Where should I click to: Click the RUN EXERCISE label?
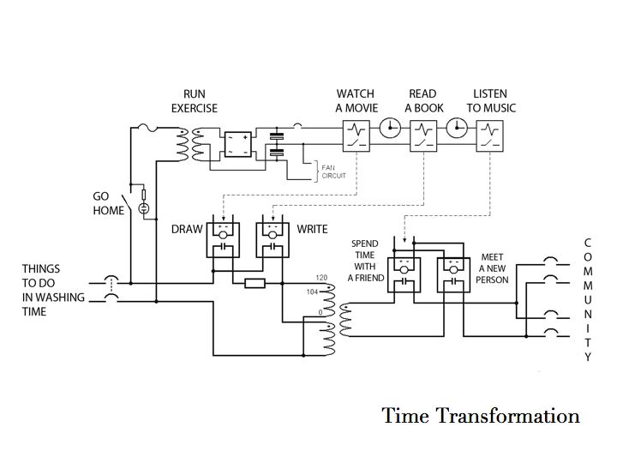tap(195, 101)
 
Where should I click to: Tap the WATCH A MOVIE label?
tap(355, 101)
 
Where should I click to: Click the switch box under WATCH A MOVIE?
tap(356, 135)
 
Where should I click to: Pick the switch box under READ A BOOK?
tap(423, 135)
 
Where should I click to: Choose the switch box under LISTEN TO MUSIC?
tap(489, 135)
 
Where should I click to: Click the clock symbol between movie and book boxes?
tap(390, 127)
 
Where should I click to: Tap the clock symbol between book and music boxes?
tap(457, 127)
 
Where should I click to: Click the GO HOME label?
tap(109, 203)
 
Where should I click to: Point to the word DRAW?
tap(187, 230)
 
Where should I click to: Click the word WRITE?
tap(313, 230)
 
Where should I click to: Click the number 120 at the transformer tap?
tap(323, 279)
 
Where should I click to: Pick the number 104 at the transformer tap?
tap(323, 292)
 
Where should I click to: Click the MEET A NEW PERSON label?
tap(494, 268)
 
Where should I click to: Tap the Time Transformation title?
tap(481, 417)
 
